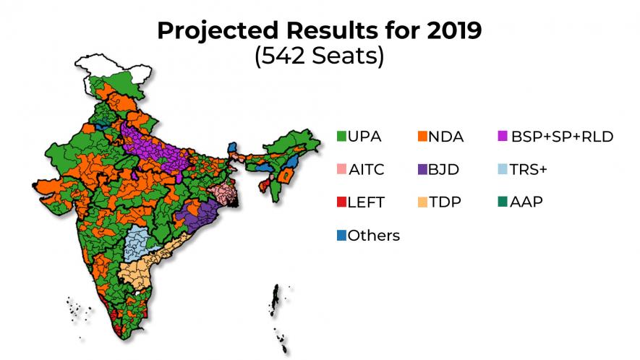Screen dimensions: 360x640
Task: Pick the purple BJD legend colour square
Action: [422, 170]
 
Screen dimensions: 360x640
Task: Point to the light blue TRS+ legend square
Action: [502, 170]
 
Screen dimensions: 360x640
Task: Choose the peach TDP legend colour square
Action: [422, 202]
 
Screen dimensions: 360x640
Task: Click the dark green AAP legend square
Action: [502, 202]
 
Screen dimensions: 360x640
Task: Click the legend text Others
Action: [374, 236]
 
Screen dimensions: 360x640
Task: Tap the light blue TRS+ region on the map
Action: [135, 242]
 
